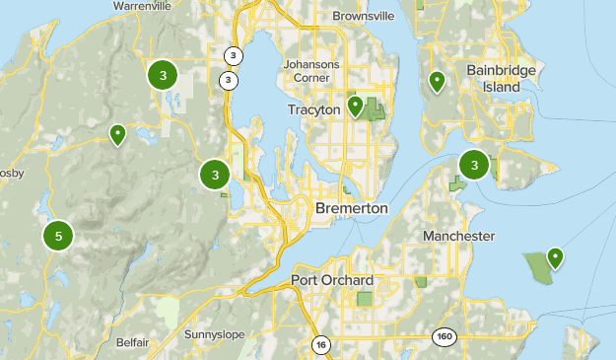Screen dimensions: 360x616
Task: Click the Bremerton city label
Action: point(352,209)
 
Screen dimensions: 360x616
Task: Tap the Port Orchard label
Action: point(332,280)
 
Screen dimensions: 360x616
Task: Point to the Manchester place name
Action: point(458,237)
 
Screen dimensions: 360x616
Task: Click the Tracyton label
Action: point(313,109)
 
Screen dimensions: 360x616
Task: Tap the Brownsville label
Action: point(363,17)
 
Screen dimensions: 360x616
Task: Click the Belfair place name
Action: point(131,341)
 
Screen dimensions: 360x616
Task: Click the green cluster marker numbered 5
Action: point(59,236)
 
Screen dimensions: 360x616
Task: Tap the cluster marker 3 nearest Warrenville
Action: point(163,74)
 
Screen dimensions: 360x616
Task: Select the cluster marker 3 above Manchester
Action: point(475,165)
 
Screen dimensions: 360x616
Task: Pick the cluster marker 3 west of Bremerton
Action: point(215,176)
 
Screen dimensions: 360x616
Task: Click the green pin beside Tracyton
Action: point(355,106)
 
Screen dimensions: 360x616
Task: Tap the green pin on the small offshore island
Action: point(555,257)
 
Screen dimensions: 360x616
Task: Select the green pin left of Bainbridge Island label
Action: point(436,81)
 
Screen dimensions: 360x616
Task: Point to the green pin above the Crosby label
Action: point(117,134)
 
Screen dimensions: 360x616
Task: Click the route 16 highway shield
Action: point(320,344)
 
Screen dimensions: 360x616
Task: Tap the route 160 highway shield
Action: point(443,337)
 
